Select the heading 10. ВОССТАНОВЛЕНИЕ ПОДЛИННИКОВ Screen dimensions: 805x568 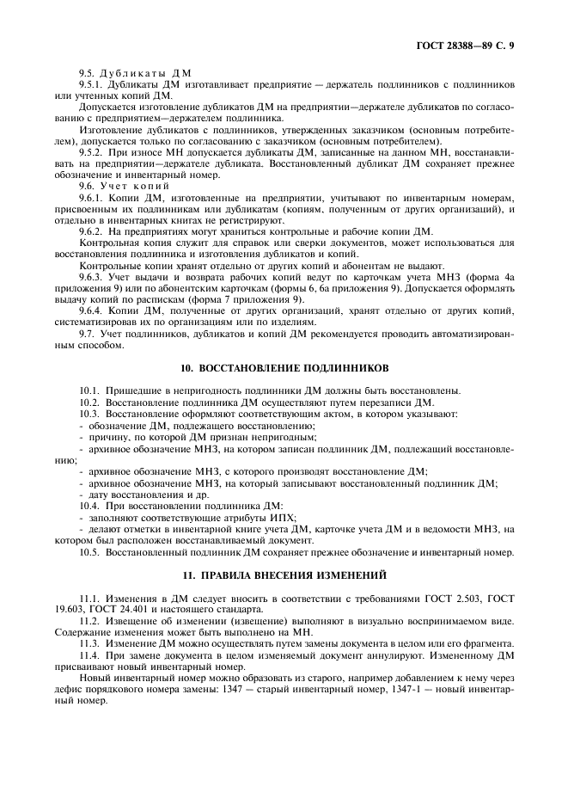283,366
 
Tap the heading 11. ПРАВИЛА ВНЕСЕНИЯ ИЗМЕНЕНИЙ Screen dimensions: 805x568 283,574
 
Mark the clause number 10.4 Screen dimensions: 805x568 90,506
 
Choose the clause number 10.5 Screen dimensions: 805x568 90,551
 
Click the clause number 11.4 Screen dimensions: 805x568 90,654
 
